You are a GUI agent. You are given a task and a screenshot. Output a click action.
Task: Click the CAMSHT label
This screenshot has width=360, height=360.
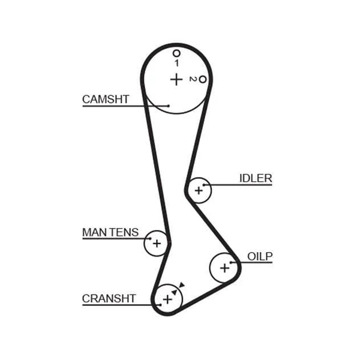coord(106,100)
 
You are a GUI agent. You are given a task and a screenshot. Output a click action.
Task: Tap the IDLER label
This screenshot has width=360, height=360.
coord(256,178)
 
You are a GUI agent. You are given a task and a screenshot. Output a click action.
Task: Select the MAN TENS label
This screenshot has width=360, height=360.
coord(110,232)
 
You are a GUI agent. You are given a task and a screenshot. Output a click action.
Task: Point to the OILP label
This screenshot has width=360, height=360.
coord(260,256)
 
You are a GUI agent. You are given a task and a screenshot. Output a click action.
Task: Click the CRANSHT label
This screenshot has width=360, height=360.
coord(109,299)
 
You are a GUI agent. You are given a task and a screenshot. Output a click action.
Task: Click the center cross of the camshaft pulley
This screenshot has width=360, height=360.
coord(176,79)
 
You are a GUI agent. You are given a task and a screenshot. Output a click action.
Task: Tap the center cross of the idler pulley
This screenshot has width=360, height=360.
coord(199,190)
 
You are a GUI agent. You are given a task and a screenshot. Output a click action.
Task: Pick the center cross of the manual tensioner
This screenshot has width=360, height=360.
coord(157,244)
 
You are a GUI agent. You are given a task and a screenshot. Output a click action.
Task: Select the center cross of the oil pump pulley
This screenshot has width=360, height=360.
coord(224,268)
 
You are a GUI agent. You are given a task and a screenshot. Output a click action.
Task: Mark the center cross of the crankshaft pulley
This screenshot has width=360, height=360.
coord(167,299)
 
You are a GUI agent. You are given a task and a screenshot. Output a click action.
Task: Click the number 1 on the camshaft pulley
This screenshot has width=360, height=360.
coord(176,63)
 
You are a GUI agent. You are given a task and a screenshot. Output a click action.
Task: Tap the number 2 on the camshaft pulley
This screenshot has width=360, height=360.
coord(193,79)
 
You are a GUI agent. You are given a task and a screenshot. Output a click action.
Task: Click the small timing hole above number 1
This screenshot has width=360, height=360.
coord(176,53)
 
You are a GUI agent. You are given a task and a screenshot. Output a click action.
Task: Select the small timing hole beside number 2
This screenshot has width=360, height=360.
coord(203,79)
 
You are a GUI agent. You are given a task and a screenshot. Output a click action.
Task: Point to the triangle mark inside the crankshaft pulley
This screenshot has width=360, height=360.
coord(175,292)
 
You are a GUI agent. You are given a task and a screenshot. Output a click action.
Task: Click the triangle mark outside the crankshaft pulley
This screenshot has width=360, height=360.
coord(182,285)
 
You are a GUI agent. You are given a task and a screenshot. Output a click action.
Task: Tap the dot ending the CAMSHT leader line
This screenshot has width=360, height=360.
coord(169,106)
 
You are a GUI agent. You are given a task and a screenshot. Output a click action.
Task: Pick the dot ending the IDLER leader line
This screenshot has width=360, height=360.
coord(203,185)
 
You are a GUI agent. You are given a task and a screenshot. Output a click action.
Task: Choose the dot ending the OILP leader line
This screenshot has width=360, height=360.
coord(231,262)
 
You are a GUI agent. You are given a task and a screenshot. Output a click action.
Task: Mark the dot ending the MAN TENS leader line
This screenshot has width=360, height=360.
coord(151,239)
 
